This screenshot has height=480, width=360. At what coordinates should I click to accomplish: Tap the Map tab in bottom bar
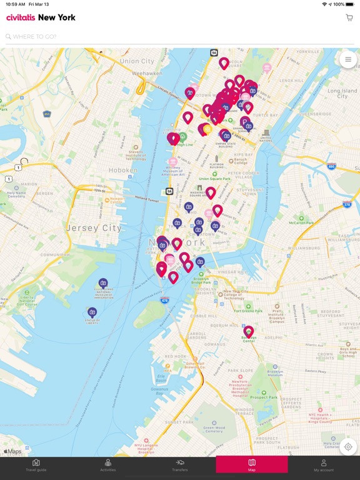pyautogui.click(x=252, y=465)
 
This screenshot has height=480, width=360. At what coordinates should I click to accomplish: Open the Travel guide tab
pyautogui.click(x=36, y=465)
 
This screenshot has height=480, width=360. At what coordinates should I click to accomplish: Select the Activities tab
pyautogui.click(x=108, y=465)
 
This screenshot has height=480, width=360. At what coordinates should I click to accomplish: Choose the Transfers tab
pyautogui.click(x=180, y=465)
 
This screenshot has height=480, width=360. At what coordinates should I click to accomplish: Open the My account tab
pyautogui.click(x=324, y=465)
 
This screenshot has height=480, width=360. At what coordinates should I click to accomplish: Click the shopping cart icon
pyautogui.click(x=349, y=17)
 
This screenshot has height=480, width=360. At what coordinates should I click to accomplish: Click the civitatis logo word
pyautogui.click(x=21, y=17)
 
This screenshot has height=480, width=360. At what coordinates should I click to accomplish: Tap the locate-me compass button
pyautogui.click(x=348, y=447)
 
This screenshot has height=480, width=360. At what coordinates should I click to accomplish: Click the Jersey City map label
pyautogui.click(x=94, y=228)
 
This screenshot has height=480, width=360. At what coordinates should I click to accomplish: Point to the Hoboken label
pyautogui.click(x=123, y=169)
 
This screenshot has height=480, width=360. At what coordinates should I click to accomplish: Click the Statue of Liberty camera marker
pyautogui.click(x=92, y=311)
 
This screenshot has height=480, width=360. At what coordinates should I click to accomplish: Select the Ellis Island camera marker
pyautogui.click(x=103, y=282)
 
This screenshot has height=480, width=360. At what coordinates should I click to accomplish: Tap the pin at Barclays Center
pyautogui.click(x=249, y=331)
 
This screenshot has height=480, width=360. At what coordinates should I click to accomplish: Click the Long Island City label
pyautogui.click(x=342, y=94)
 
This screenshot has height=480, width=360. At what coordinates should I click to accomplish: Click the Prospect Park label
pyautogui.click(x=264, y=397)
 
